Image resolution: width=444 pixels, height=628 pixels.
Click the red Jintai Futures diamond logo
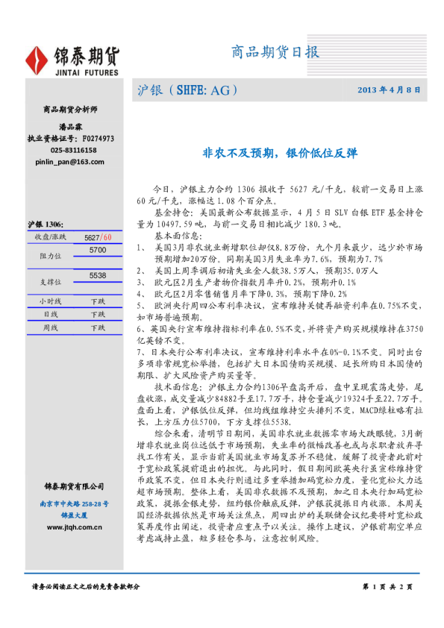38,60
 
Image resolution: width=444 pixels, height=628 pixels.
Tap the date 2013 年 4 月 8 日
389,90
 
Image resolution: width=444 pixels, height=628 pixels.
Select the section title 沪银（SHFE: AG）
188,90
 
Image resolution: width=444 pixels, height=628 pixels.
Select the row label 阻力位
49,256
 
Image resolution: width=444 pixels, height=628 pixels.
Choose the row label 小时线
49,301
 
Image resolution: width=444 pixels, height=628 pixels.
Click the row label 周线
49,327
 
